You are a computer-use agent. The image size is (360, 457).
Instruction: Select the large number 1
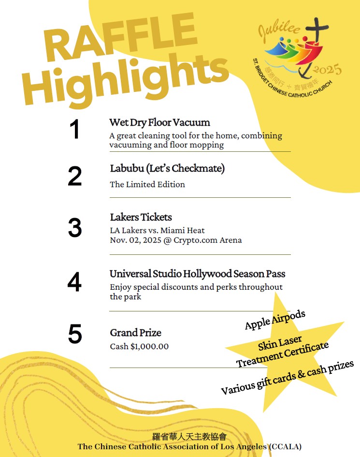(x=74, y=130)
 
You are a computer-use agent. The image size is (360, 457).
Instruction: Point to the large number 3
(x=74, y=228)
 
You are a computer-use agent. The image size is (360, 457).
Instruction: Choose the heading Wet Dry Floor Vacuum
(x=159, y=122)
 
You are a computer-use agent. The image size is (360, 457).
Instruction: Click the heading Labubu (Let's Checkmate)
(x=167, y=168)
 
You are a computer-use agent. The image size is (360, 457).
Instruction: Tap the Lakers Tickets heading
(x=141, y=217)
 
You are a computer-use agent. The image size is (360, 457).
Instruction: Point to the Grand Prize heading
(x=136, y=333)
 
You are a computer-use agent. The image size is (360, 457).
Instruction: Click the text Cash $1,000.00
(x=139, y=346)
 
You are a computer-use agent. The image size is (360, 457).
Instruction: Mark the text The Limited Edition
(x=147, y=184)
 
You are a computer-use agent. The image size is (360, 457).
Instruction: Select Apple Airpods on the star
(x=275, y=320)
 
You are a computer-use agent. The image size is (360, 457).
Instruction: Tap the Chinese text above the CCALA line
(x=189, y=437)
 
